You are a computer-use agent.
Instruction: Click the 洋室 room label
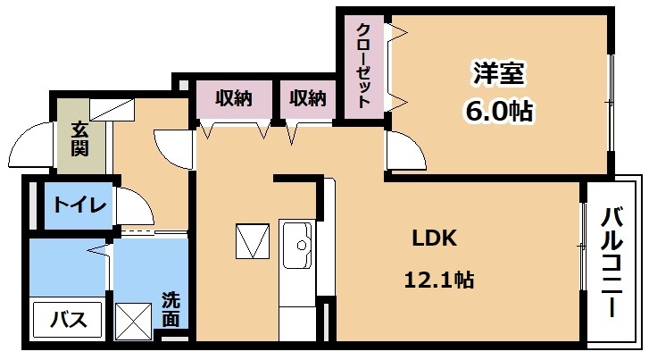(x=499, y=73)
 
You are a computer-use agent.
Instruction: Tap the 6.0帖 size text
(x=499, y=111)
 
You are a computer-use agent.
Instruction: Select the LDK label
(x=435, y=239)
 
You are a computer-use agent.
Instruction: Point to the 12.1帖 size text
(x=438, y=280)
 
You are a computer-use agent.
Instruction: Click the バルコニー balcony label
(x=612, y=263)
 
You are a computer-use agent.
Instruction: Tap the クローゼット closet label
(x=363, y=66)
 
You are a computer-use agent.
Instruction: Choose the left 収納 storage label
(x=233, y=98)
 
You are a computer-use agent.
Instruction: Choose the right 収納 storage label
(x=307, y=98)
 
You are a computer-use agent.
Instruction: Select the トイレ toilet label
(x=79, y=205)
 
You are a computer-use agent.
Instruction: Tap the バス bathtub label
(x=69, y=320)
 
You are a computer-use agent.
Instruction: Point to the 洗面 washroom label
(x=171, y=309)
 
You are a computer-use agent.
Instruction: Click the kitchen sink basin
(x=297, y=245)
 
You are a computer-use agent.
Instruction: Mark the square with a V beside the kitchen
(x=253, y=241)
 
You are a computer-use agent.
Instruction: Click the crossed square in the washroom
(x=133, y=322)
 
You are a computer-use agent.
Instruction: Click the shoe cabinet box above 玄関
(x=112, y=110)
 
